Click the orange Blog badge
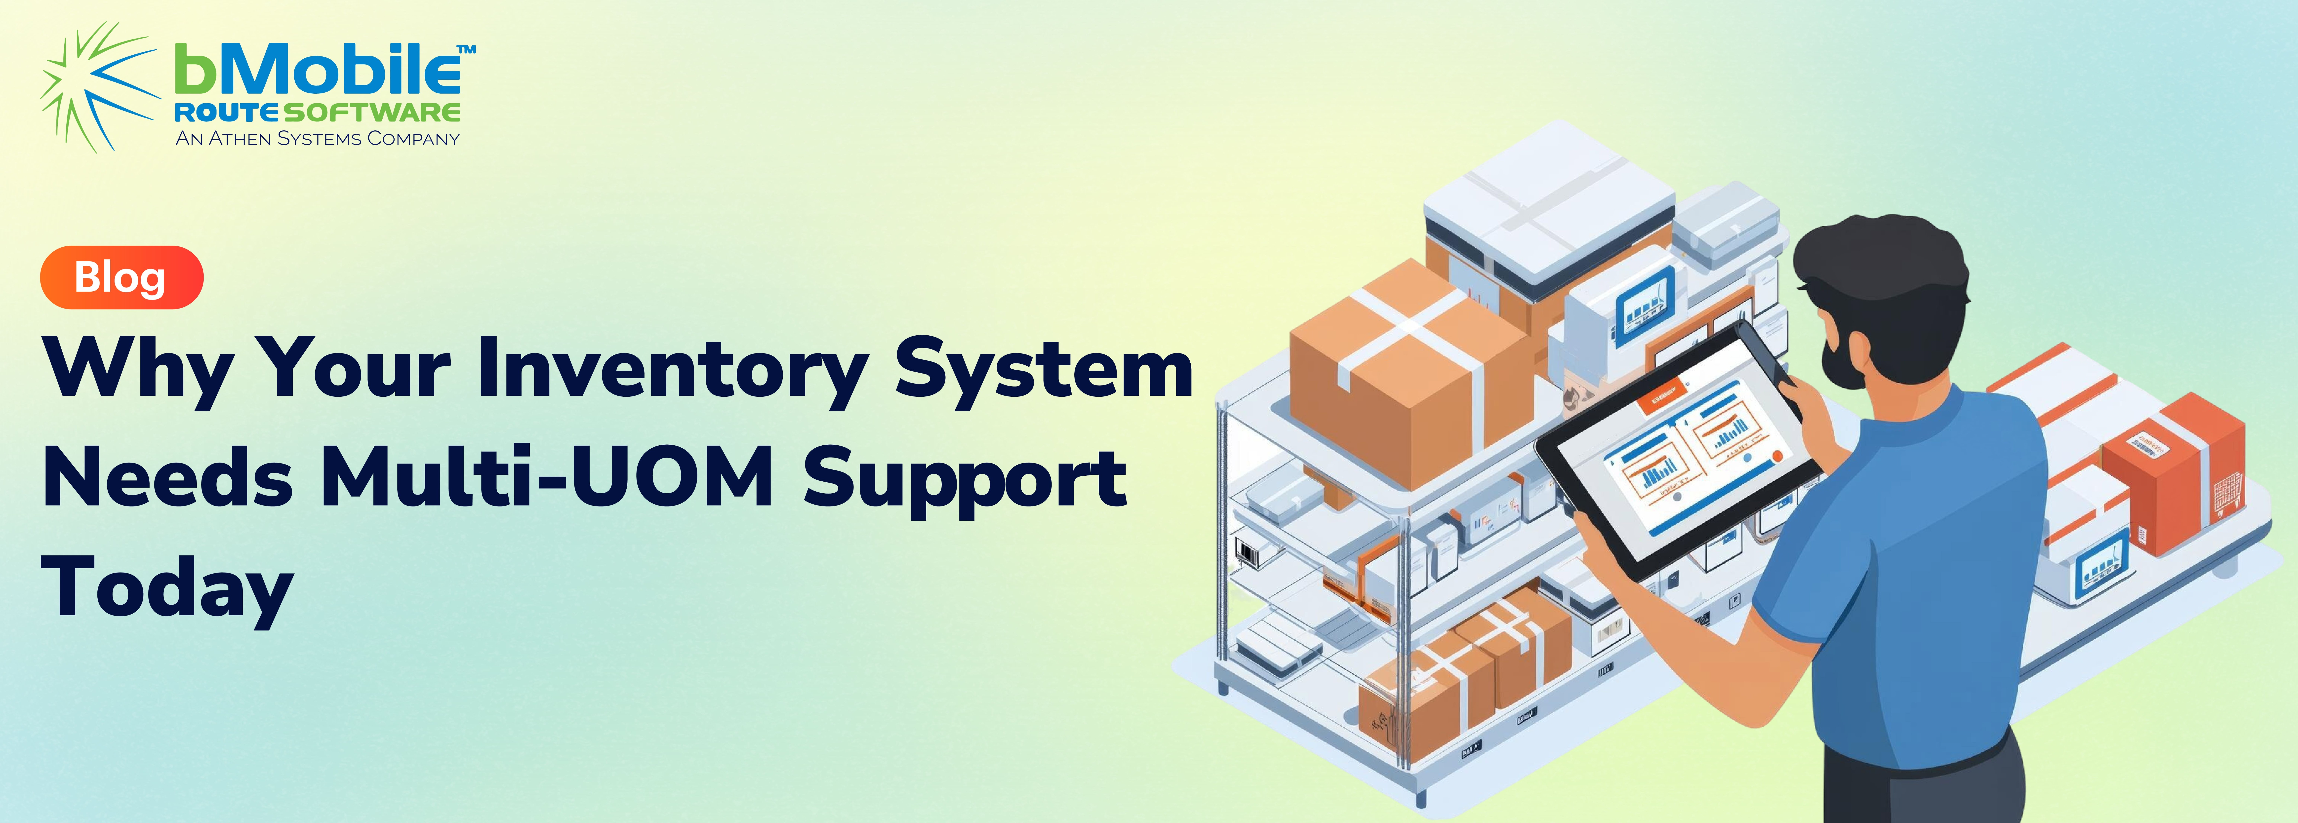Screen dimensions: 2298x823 pos(121,277)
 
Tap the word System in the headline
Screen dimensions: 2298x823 pos(1044,370)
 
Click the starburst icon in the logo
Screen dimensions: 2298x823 pos(98,87)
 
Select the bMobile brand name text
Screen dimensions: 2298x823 pos(318,70)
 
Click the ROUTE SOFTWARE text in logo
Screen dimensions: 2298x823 pos(318,112)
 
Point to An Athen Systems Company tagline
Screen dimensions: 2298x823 pos(318,138)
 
